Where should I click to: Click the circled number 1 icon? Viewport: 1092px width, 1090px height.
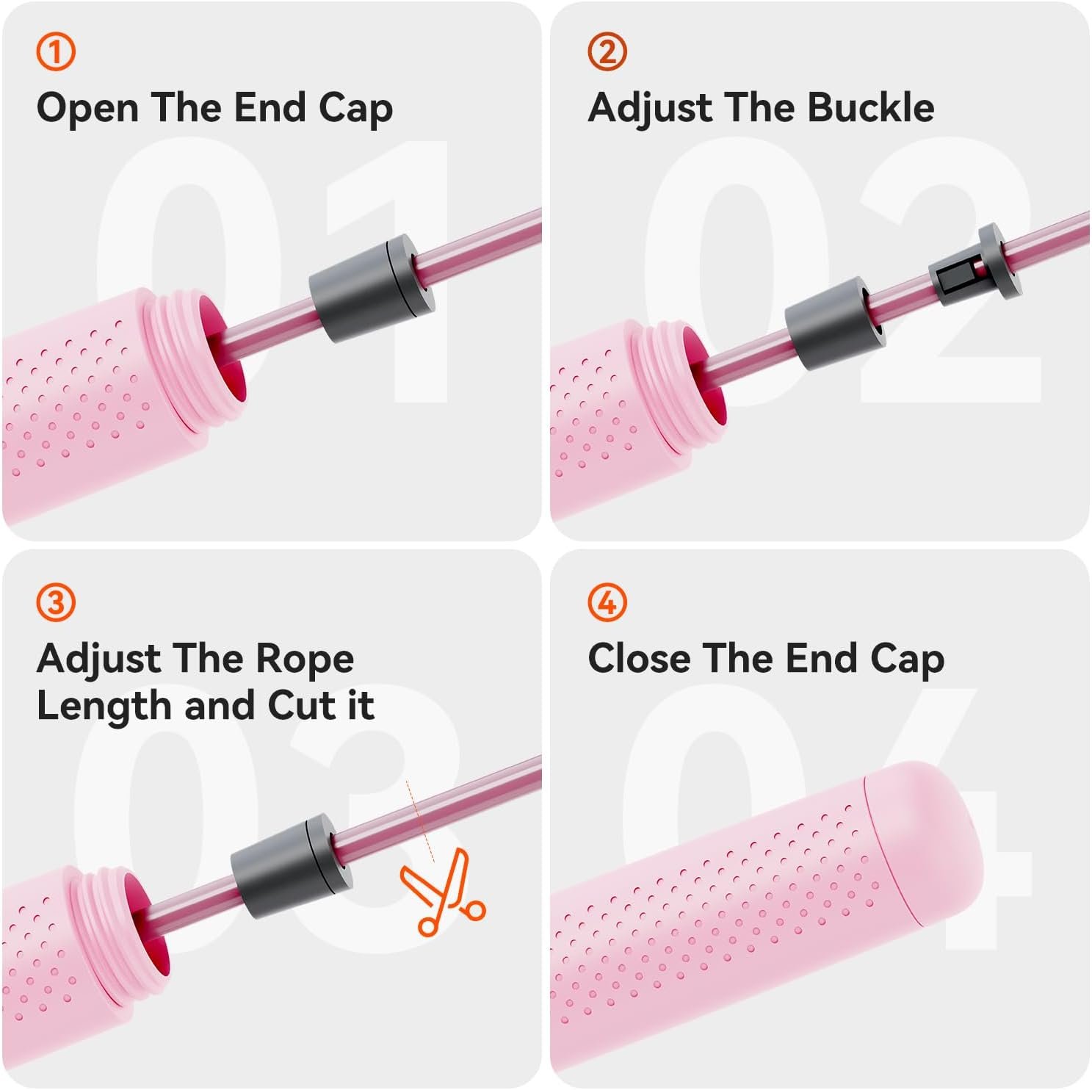[x=56, y=52]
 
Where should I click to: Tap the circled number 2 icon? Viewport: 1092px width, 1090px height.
[x=607, y=52]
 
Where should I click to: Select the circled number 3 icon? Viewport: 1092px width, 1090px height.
[x=56, y=603]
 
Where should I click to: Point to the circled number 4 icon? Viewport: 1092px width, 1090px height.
[x=607, y=603]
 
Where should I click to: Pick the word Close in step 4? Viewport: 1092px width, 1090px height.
[x=639, y=658]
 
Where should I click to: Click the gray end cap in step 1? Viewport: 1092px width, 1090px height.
[x=372, y=288]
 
